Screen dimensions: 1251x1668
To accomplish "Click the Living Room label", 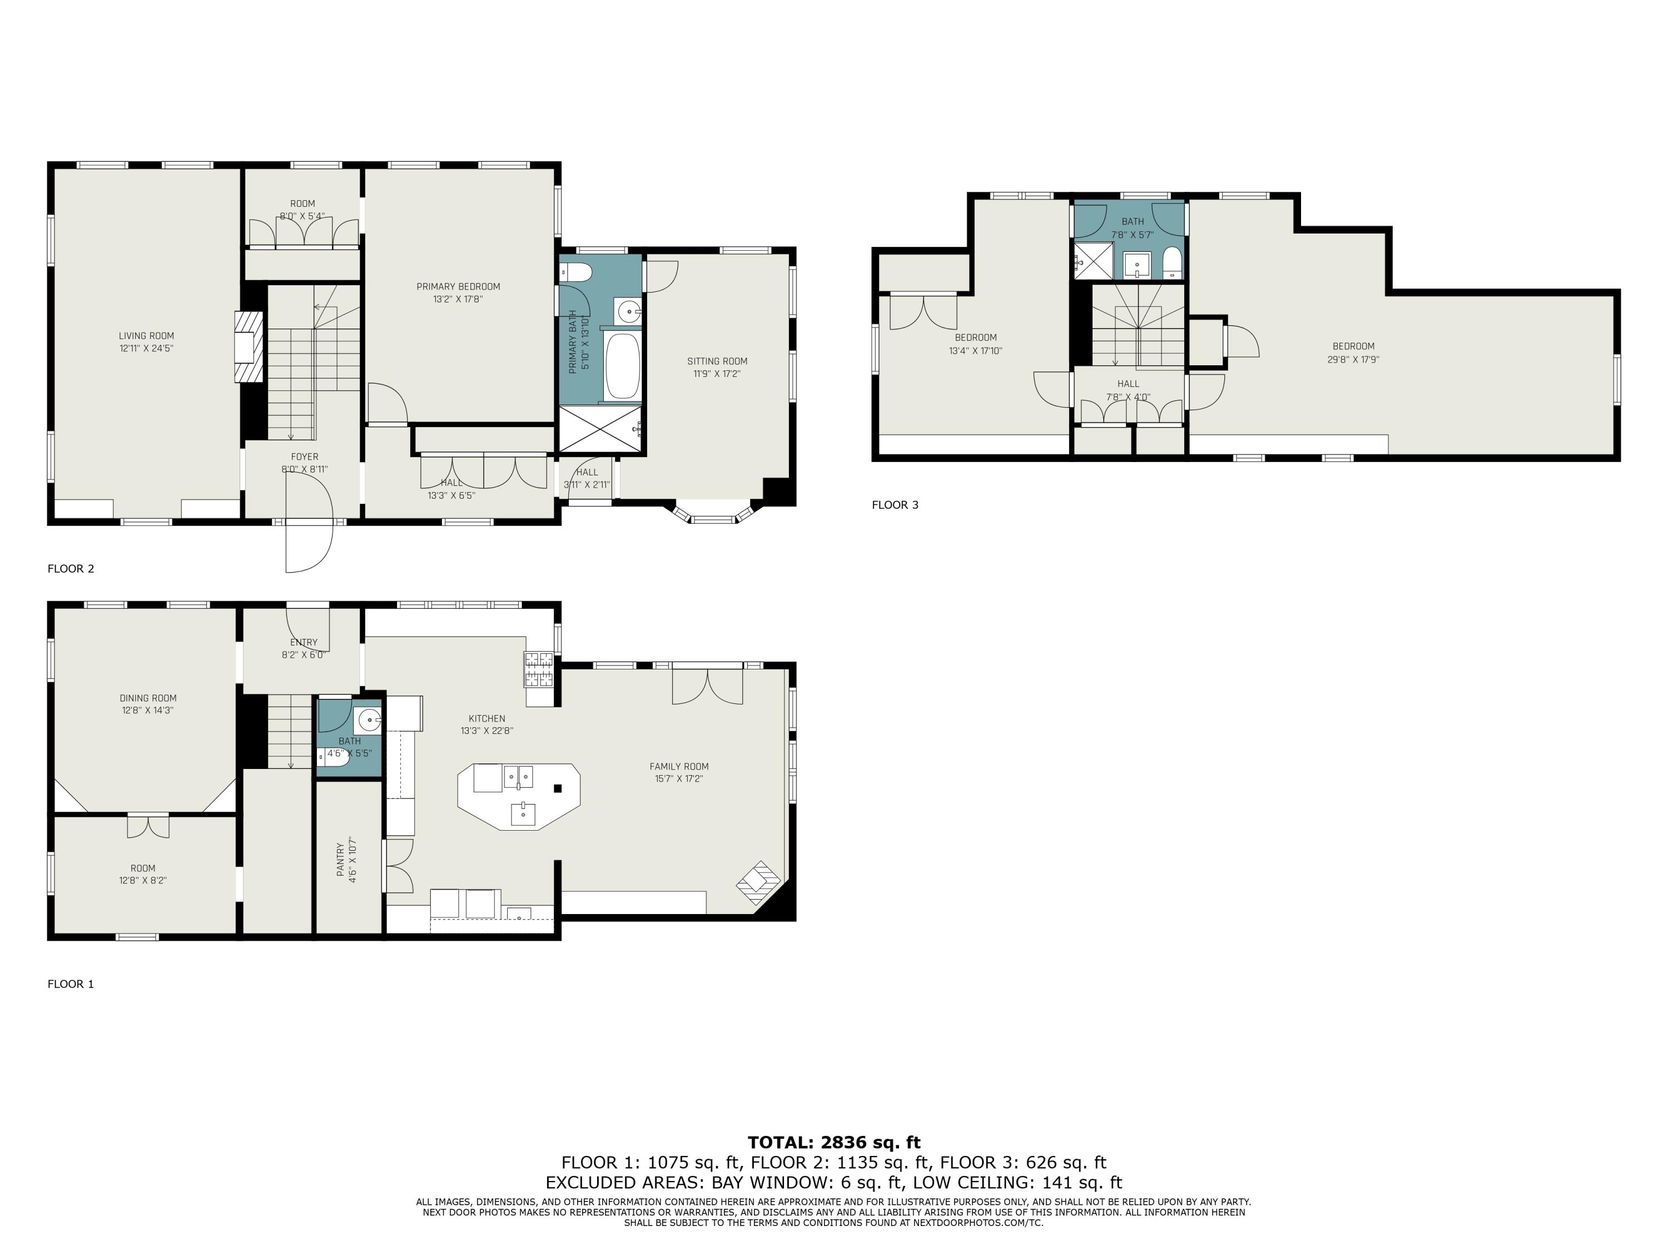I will pos(146,336).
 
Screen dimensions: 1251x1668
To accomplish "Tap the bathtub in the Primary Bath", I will pos(623,366).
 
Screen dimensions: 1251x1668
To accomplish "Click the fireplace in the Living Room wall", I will pos(250,347).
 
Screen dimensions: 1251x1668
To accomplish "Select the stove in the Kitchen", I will pos(539,669).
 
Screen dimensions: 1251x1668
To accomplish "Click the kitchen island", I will pos(519,796).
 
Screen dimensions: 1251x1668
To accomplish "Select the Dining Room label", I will pos(148,698).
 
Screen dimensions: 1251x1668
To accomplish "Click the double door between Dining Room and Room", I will pos(148,826).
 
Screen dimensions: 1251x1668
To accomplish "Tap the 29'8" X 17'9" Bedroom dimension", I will pos(1353,360).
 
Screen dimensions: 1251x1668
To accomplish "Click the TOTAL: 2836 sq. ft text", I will pos(833,1143).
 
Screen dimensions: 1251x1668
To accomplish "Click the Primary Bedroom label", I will pos(459,286).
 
